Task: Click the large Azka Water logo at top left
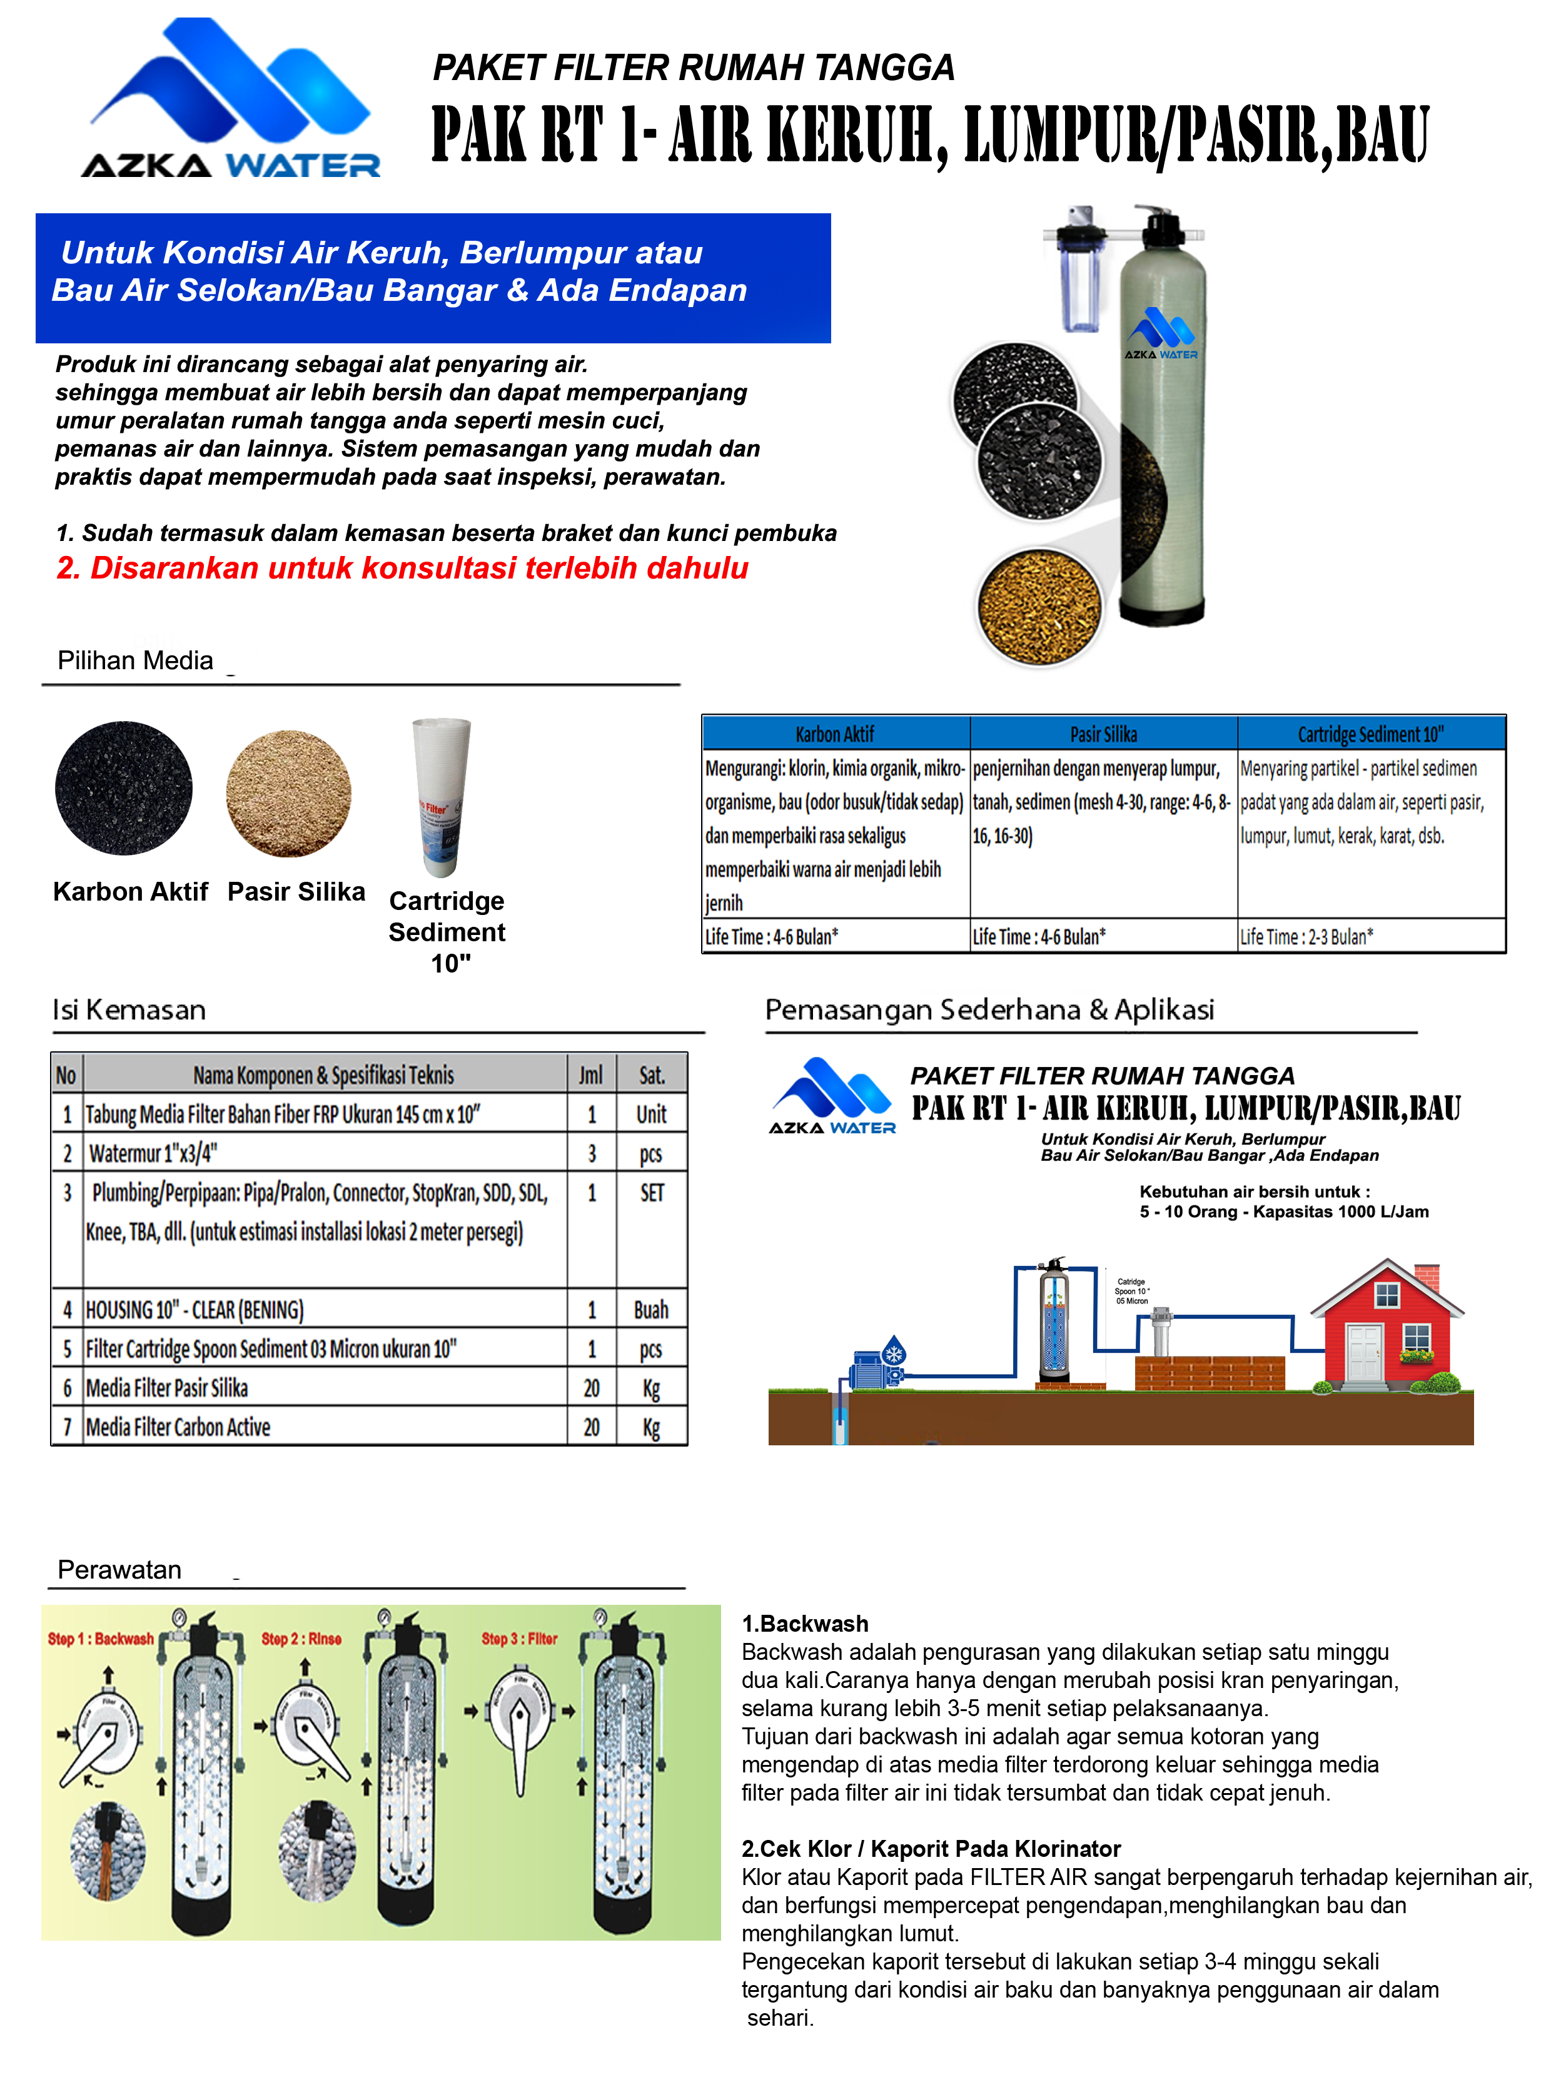(x=231, y=99)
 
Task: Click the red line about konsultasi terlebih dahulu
(x=402, y=568)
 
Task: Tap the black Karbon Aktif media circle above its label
(x=124, y=788)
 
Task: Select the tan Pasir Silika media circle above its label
(x=288, y=794)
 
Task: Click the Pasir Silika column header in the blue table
(x=1103, y=734)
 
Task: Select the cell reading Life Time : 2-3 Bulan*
(x=1371, y=936)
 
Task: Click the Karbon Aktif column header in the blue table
(x=835, y=734)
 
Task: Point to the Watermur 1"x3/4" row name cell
(x=324, y=1153)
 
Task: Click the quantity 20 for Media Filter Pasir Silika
(x=592, y=1388)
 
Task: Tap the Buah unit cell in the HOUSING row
(x=652, y=1309)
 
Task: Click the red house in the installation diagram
(x=1385, y=1328)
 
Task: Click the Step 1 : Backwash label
(x=101, y=1639)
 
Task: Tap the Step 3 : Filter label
(x=519, y=1639)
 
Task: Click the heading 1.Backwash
(x=805, y=1624)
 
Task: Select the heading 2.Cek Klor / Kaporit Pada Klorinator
(x=931, y=1849)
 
